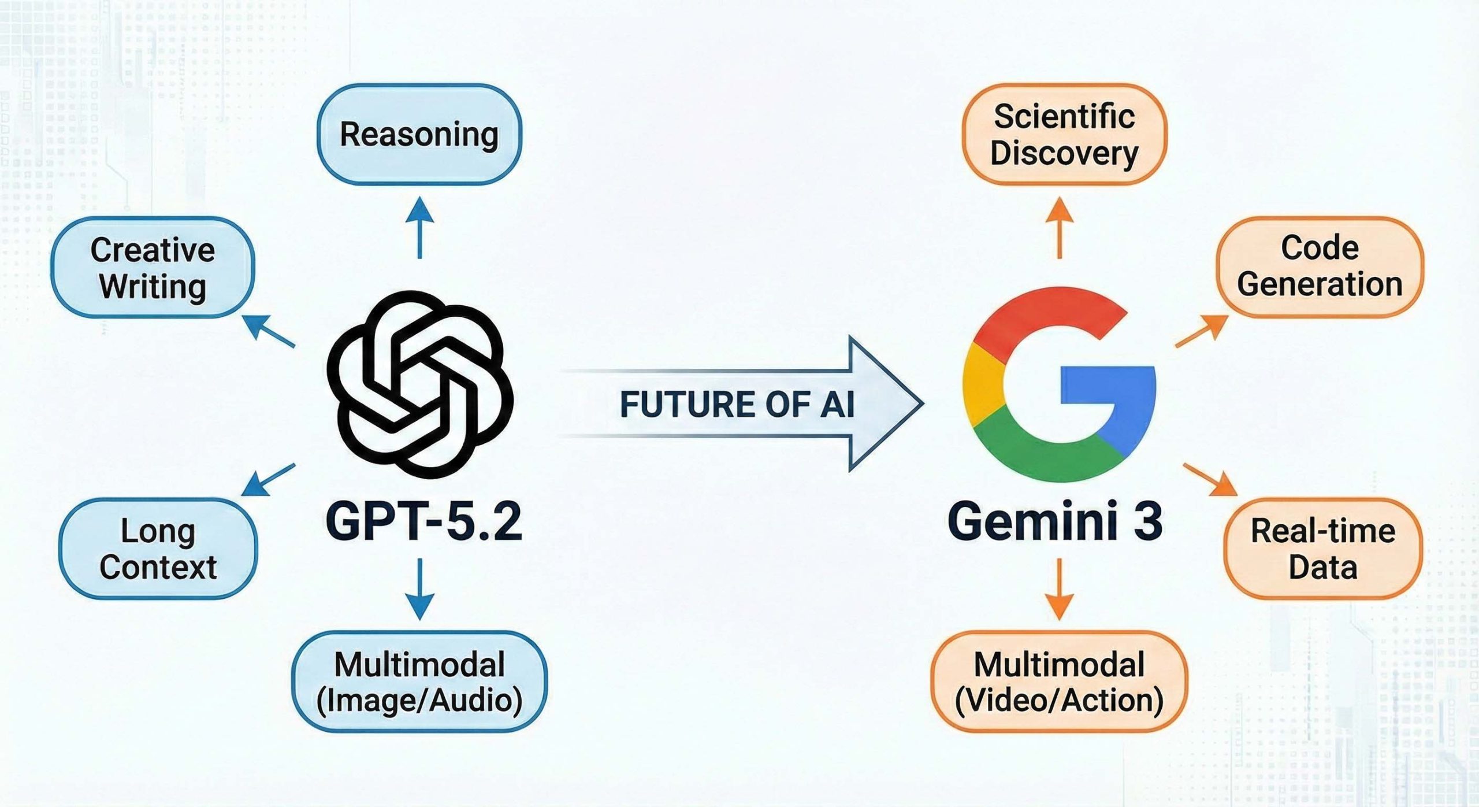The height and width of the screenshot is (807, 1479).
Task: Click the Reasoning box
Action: (419, 135)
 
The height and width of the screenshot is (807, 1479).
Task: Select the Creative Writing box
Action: (153, 268)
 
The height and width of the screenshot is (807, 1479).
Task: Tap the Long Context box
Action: (158, 548)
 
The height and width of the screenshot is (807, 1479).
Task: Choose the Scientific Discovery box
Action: (1064, 135)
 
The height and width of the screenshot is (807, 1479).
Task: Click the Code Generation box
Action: (1320, 266)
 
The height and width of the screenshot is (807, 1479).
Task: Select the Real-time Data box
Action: (1322, 548)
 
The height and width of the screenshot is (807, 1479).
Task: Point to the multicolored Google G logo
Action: (1059, 384)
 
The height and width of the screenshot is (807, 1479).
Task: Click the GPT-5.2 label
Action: (423, 521)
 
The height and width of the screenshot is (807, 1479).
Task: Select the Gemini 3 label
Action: (1055, 521)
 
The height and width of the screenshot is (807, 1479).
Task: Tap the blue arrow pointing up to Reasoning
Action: (419, 228)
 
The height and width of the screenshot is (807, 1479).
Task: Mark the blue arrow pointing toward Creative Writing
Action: (269, 331)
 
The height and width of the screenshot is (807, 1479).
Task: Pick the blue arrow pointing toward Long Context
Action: (268, 480)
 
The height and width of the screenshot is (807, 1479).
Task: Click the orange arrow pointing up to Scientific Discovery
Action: (1060, 228)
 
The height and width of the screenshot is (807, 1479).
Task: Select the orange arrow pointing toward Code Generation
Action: (1202, 331)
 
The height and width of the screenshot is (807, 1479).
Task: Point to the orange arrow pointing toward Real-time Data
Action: (1210, 480)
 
